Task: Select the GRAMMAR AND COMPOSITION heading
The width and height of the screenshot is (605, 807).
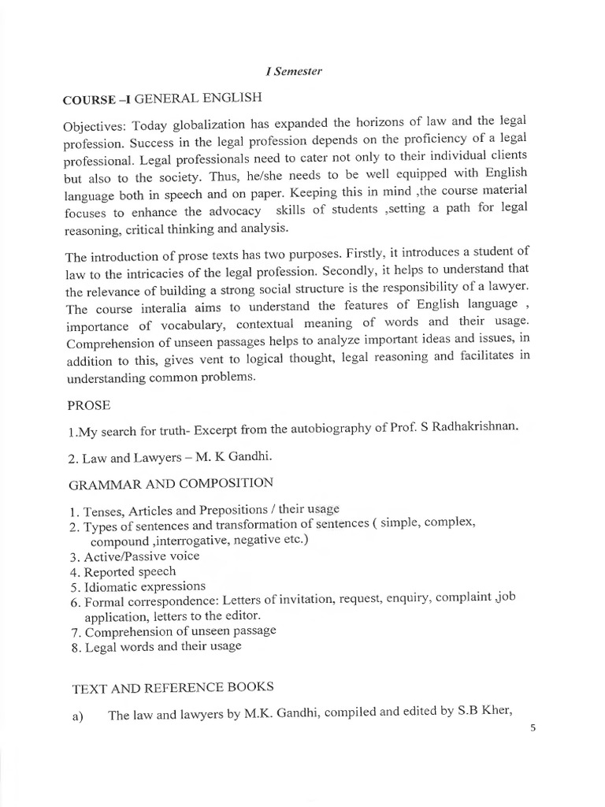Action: (x=173, y=482)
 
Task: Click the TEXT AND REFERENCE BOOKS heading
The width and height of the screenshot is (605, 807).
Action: (x=173, y=688)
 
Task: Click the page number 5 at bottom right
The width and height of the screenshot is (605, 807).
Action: (x=533, y=728)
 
